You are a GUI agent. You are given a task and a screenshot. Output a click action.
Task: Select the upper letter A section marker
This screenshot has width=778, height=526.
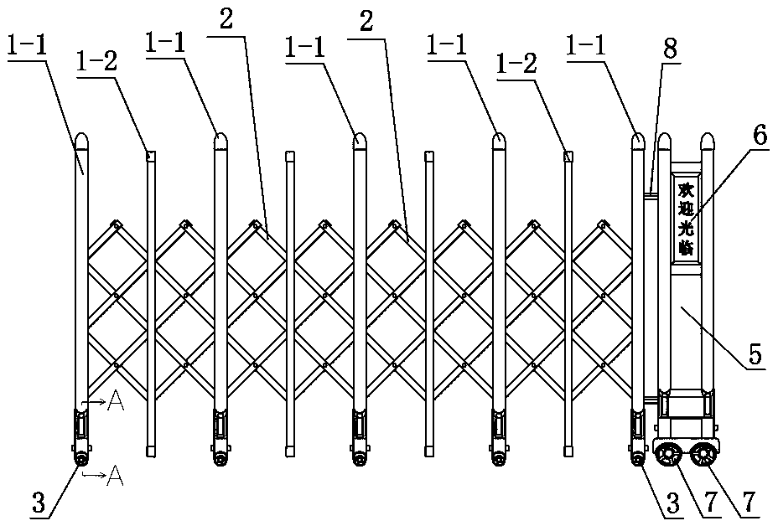click(x=116, y=403)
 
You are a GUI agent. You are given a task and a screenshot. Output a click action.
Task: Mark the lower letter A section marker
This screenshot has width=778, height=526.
click(x=116, y=477)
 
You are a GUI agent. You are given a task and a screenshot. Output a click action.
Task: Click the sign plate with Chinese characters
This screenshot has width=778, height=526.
click(x=686, y=219)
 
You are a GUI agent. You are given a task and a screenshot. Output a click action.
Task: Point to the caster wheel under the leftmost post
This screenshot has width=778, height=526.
click(x=81, y=459)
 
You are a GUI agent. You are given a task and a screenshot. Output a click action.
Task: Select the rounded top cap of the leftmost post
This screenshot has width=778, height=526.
click(x=81, y=140)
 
